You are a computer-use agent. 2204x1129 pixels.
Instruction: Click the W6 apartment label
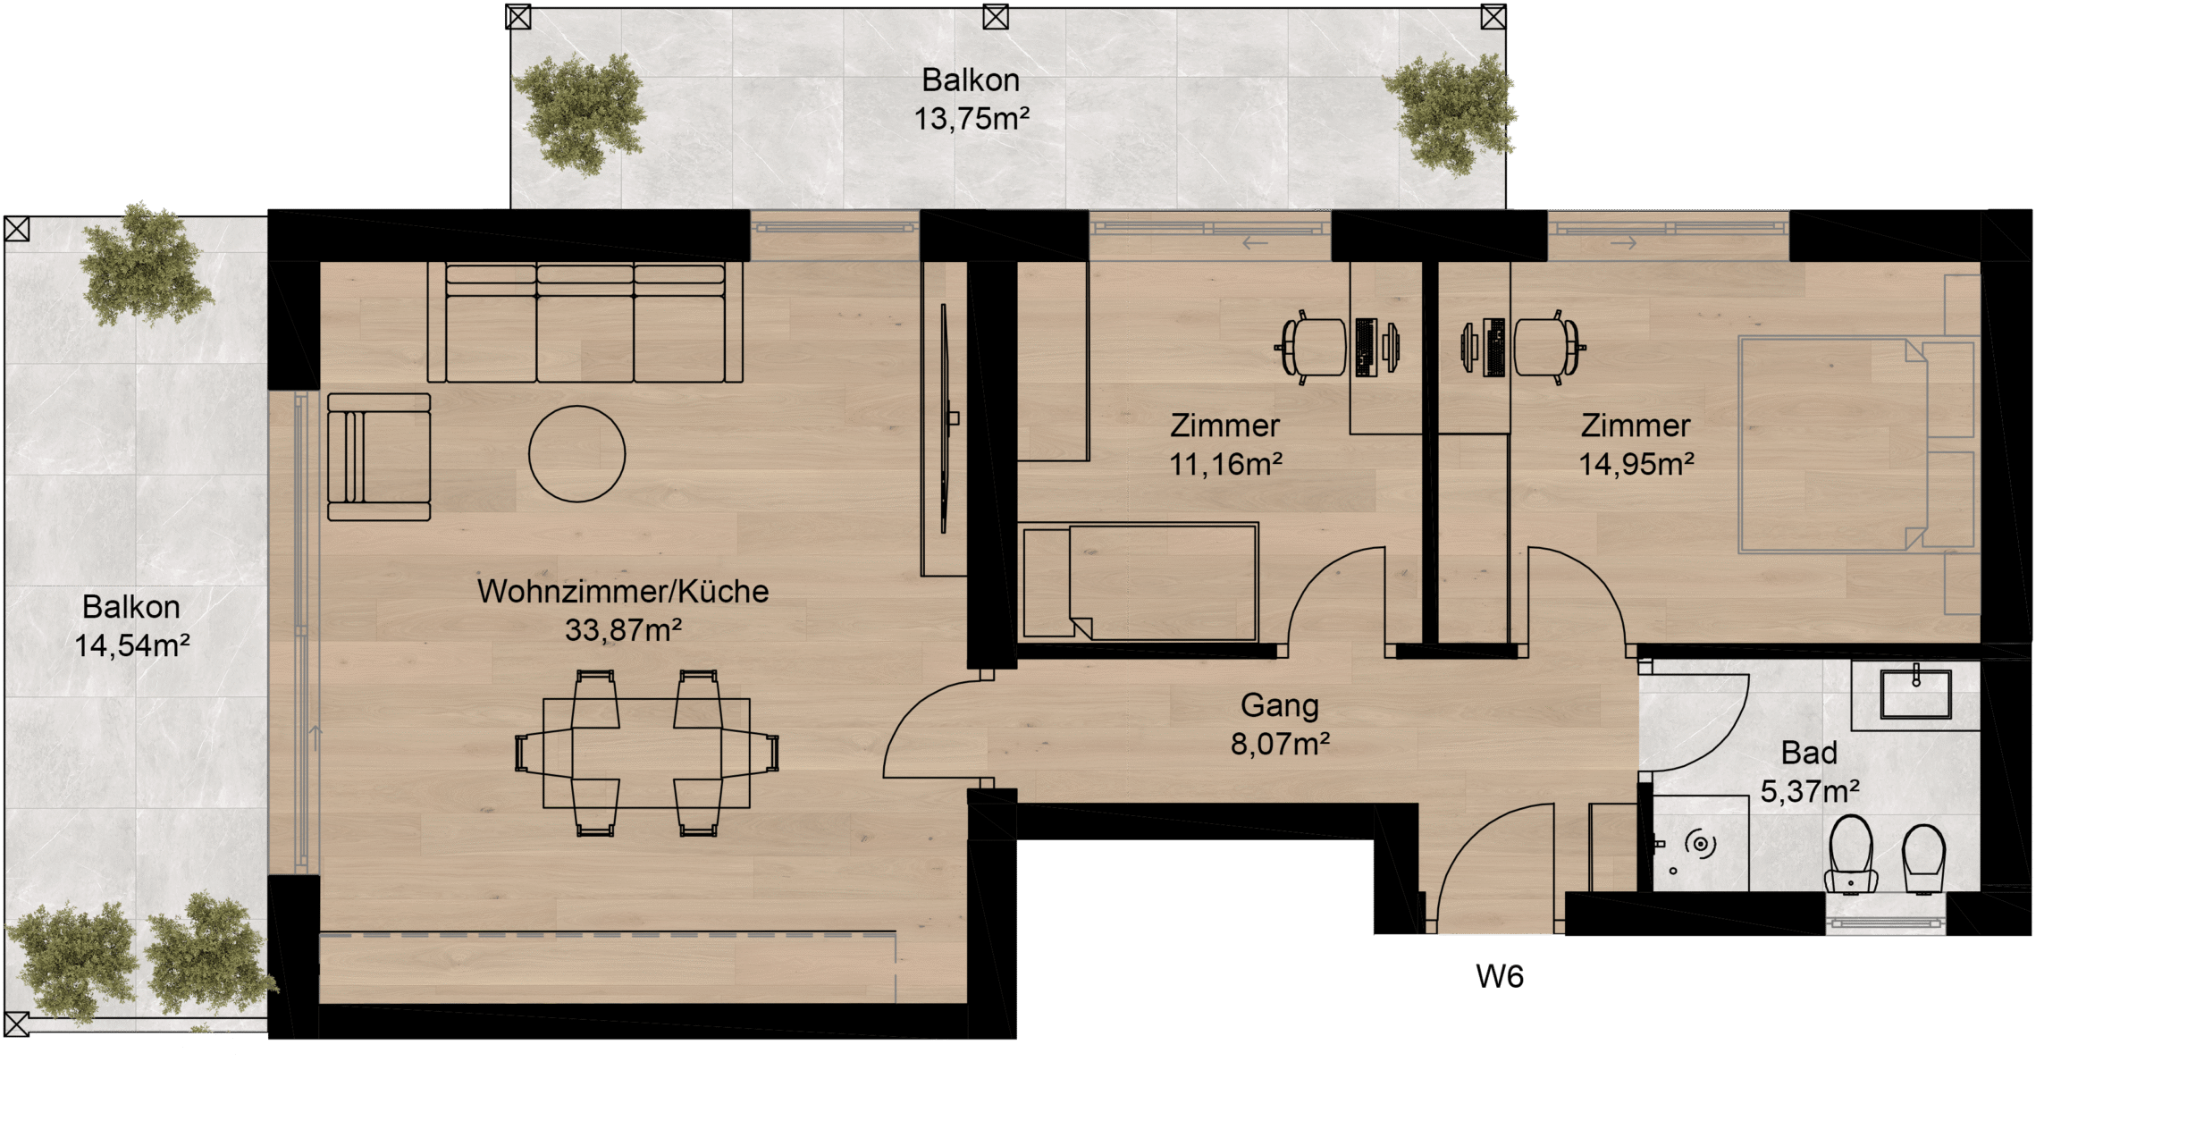tap(1499, 977)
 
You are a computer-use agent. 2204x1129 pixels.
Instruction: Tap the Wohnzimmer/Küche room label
tap(623, 592)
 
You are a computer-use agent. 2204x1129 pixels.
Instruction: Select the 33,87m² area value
tap(623, 631)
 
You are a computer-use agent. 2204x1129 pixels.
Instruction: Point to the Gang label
tap(1279, 706)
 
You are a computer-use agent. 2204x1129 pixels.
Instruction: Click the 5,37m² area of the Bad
tap(1810, 791)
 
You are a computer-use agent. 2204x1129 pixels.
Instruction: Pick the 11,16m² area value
tap(1225, 464)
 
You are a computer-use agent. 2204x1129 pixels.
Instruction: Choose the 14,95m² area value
tap(1636, 464)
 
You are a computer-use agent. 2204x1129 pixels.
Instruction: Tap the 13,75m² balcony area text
tap(972, 119)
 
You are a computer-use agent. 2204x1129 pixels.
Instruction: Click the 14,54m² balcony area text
tap(131, 645)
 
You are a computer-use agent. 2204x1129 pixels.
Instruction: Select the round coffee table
tap(576, 454)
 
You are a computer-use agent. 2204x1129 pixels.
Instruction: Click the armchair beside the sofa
tap(379, 457)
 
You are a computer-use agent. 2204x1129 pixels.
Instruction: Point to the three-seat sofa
tap(585, 323)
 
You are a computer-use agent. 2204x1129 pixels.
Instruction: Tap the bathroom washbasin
tap(1915, 693)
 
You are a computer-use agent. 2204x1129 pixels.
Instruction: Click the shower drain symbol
tap(1700, 844)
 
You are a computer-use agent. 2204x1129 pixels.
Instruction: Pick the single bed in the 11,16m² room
tap(1139, 582)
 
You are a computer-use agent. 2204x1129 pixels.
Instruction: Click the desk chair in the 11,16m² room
tap(1310, 347)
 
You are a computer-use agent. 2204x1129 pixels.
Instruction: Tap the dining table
tap(646, 753)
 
